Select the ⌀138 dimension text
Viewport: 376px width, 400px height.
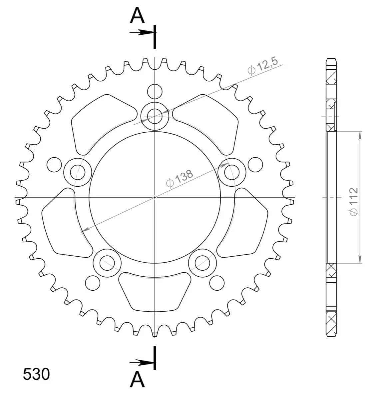(x=180, y=178)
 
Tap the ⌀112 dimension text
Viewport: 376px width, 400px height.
(x=354, y=202)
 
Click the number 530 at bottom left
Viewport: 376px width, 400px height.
(x=36, y=374)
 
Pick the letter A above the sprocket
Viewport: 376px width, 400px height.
(x=137, y=15)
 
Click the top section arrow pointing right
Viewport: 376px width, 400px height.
(x=143, y=32)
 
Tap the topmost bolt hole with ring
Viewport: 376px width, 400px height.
(x=155, y=116)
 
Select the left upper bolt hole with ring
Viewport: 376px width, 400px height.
(x=78, y=172)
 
